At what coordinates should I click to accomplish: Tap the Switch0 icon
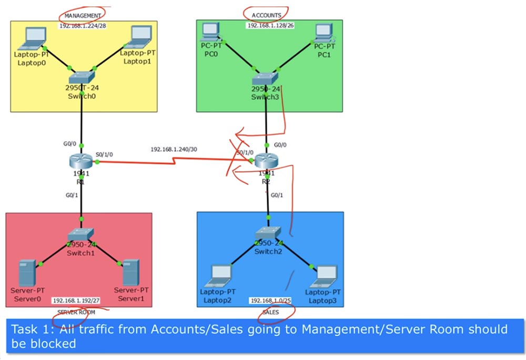click(x=81, y=77)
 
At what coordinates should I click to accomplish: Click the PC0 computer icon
click(x=210, y=32)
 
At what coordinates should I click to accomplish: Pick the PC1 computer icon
click(x=322, y=32)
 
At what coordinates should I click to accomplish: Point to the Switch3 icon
click(x=266, y=78)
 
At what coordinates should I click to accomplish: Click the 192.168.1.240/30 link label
click(x=174, y=149)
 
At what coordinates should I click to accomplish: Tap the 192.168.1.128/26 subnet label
click(x=270, y=25)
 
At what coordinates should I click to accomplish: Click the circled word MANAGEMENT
click(x=82, y=16)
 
